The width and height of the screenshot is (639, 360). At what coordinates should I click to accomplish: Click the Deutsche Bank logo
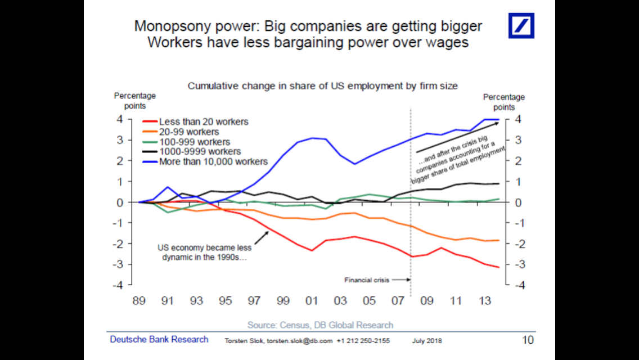[521, 26]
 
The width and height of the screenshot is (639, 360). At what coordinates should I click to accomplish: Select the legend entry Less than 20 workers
[203, 121]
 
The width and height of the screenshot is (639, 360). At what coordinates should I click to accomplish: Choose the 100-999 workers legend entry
[195, 142]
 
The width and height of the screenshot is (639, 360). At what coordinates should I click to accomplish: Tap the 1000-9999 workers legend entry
[200, 151]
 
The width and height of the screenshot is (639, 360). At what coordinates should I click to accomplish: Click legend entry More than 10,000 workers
[213, 162]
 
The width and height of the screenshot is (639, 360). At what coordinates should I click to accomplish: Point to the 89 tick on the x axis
[139, 301]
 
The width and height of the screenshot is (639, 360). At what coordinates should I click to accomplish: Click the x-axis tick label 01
[311, 301]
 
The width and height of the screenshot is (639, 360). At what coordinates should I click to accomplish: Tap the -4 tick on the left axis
[119, 285]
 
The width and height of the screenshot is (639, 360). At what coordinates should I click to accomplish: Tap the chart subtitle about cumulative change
[322, 86]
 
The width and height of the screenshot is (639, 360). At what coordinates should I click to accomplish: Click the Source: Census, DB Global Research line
[320, 325]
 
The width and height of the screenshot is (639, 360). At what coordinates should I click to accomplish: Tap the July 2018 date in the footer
[426, 341]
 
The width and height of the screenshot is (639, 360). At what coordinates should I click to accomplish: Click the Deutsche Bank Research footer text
[159, 339]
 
